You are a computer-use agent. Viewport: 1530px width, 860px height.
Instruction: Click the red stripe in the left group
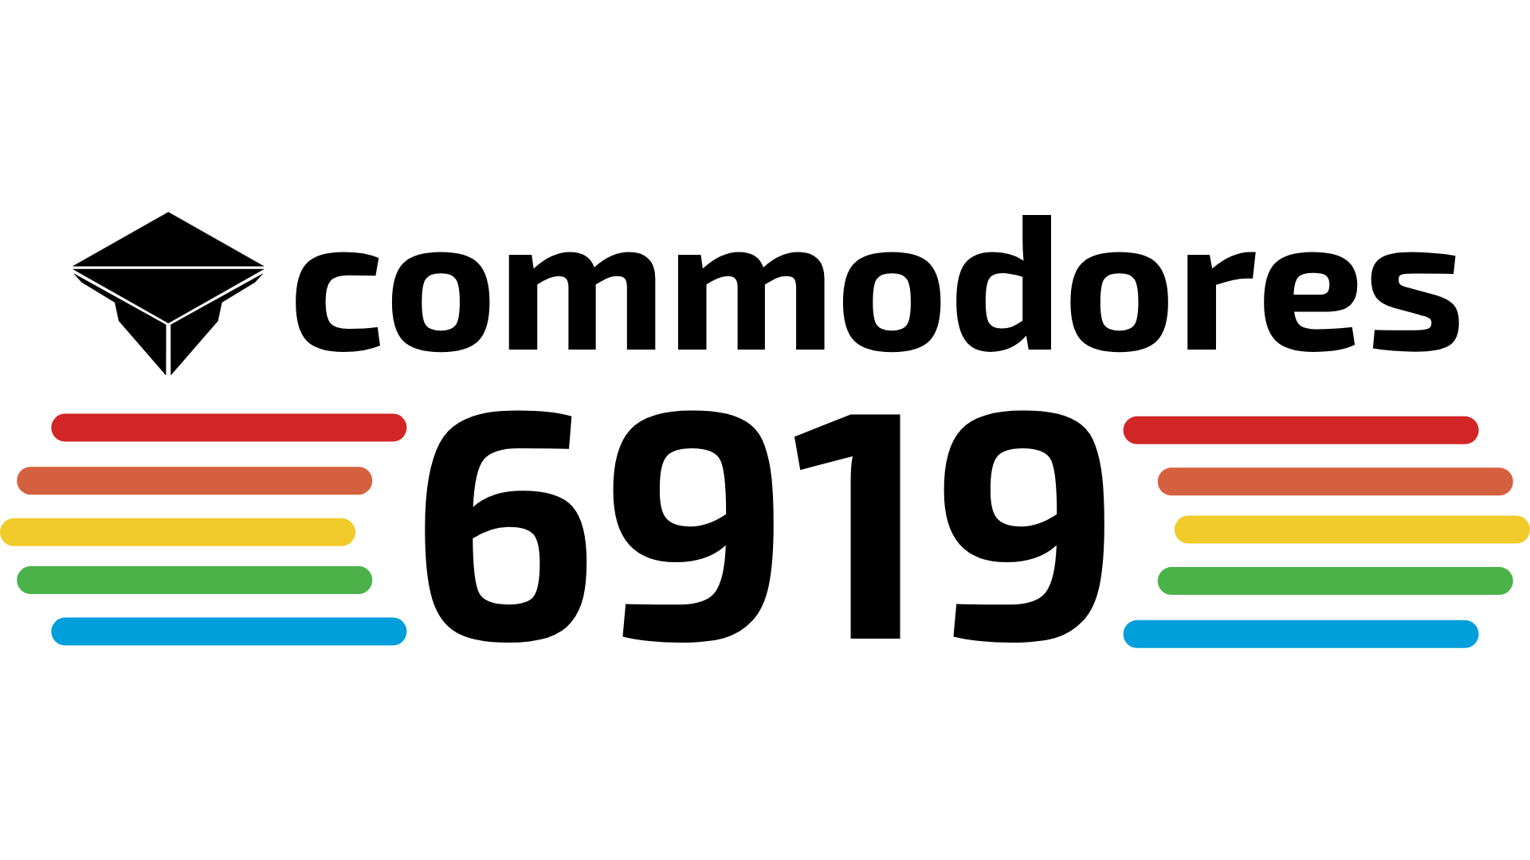click(x=229, y=428)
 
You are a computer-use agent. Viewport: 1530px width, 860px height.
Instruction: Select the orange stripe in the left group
click(x=194, y=481)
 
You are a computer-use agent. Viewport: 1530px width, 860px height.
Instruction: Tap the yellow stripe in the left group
click(x=178, y=532)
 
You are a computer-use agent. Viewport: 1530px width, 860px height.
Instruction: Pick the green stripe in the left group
click(x=194, y=580)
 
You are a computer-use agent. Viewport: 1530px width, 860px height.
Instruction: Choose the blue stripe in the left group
click(x=229, y=631)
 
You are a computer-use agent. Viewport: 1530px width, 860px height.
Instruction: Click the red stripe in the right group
click(x=1300, y=430)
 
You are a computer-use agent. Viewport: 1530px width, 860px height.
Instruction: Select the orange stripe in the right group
click(x=1335, y=482)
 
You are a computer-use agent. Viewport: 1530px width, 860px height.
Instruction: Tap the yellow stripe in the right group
click(x=1351, y=530)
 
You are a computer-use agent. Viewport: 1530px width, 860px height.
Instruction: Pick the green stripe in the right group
click(x=1335, y=580)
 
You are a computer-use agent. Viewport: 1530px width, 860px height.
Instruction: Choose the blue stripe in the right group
click(x=1300, y=634)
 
